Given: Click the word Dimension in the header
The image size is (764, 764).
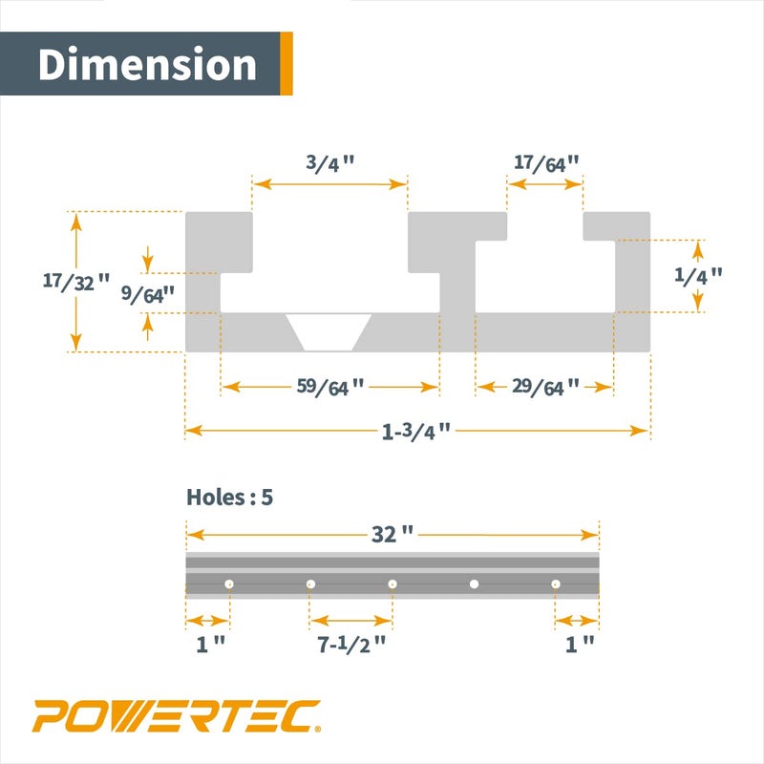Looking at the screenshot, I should tap(148, 64).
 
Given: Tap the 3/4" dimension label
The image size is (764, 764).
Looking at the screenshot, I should tap(330, 161).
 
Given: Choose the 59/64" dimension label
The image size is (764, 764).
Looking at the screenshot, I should tap(330, 387).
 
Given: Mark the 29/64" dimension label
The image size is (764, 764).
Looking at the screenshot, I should tap(545, 387).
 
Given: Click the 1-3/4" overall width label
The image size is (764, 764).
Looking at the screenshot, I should tap(415, 431).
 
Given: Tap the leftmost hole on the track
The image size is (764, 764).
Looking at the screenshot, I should tap(230, 584).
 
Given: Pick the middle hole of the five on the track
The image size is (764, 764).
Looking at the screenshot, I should tap(393, 584).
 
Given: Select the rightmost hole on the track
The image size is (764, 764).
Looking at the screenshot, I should tap(554, 584).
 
